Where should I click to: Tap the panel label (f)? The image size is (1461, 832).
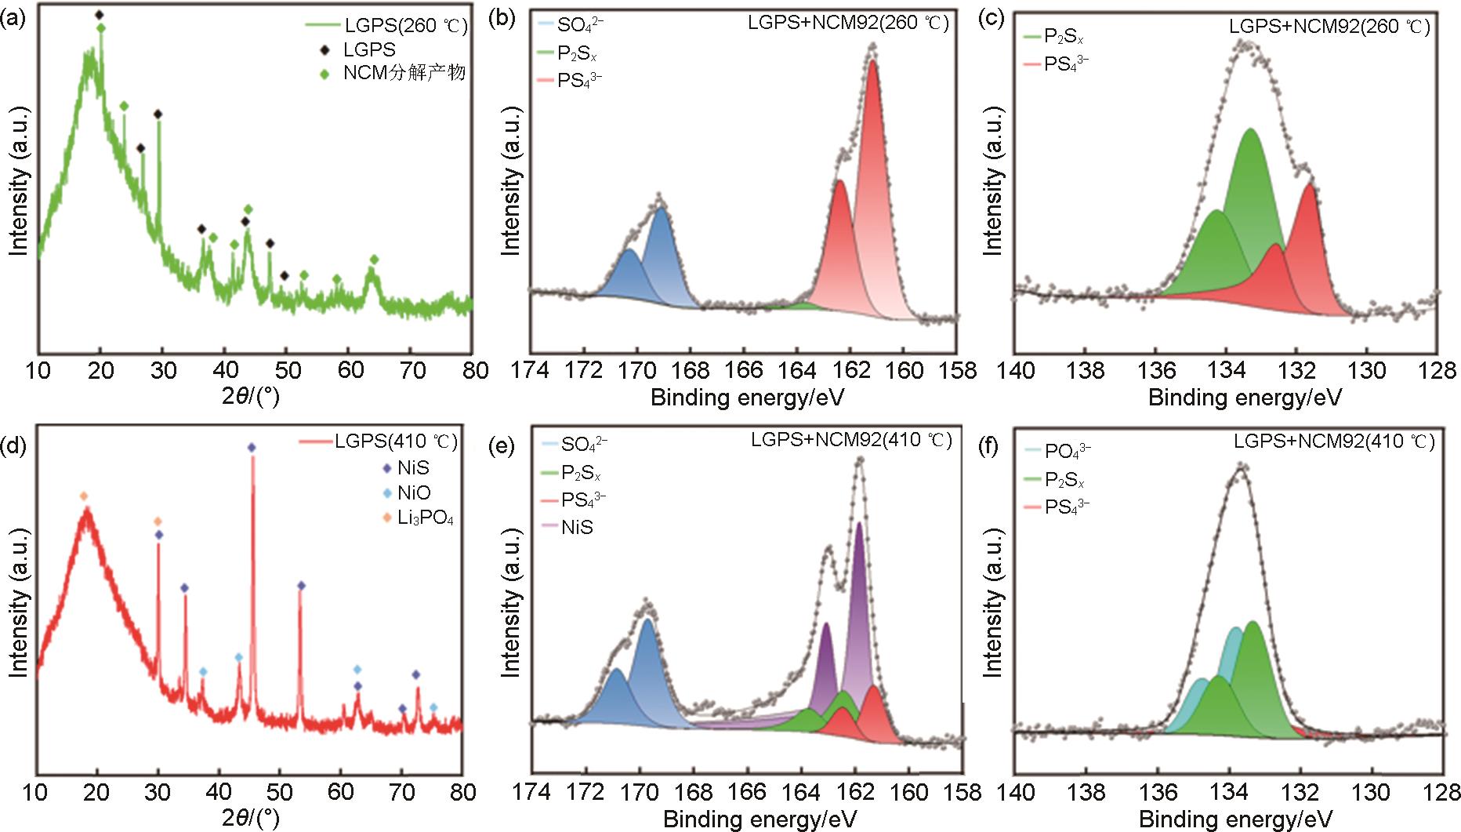(993, 447)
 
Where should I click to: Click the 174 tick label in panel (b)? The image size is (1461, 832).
(530, 371)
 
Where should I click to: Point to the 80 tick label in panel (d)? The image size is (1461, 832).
(462, 793)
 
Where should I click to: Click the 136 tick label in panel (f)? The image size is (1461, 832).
(1156, 793)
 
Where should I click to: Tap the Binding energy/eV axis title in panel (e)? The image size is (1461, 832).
(760, 819)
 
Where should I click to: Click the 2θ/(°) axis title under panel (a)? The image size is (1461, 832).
(250, 397)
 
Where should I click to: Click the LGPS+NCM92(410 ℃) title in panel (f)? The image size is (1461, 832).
(1333, 442)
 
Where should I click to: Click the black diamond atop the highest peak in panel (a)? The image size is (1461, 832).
(99, 15)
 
